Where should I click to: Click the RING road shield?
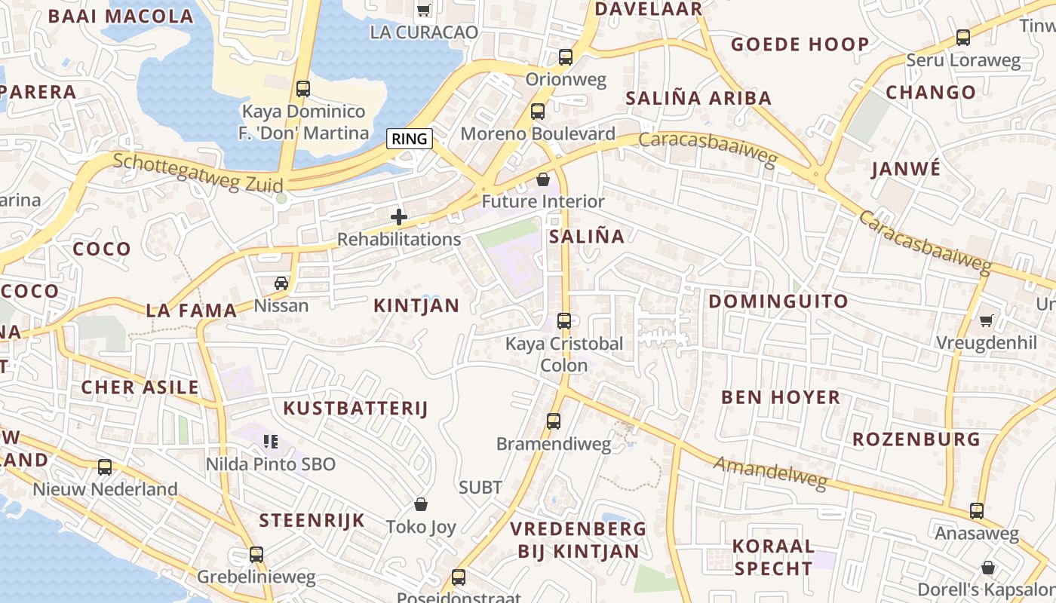point(410,139)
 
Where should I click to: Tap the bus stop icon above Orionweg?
point(565,57)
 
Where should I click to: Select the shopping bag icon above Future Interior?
point(542,179)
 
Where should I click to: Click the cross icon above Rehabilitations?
point(399,218)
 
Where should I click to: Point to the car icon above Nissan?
point(281,283)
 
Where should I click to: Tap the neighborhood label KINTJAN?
point(416,305)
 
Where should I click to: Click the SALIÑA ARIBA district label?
point(698,98)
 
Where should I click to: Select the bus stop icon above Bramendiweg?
point(554,421)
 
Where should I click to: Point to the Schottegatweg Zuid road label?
point(198,173)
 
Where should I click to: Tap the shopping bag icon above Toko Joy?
point(421,504)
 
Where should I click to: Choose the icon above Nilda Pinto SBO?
point(270,441)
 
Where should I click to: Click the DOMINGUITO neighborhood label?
point(778,301)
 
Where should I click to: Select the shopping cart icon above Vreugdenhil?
point(986,320)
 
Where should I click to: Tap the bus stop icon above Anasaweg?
point(977,511)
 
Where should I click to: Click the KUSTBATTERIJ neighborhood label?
point(355,409)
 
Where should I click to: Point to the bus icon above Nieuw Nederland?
point(105,467)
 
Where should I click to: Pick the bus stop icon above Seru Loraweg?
point(963,38)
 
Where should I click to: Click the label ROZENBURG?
point(916,439)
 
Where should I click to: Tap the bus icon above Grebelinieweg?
point(256,555)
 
